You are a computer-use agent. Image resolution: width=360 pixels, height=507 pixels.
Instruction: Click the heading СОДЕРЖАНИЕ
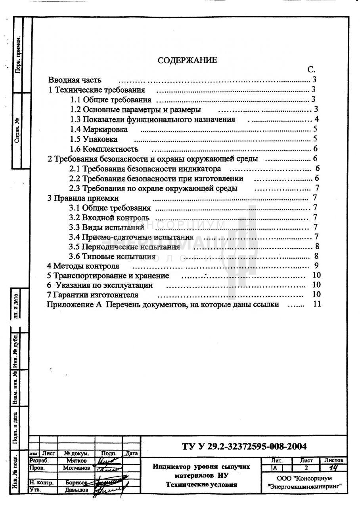coord(187,60)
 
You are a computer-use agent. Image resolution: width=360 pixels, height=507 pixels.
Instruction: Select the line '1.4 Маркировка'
coord(99,129)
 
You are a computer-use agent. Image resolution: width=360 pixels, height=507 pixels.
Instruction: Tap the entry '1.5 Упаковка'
coord(94,139)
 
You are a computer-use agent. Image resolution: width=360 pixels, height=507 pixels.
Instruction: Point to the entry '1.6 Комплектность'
coord(104,149)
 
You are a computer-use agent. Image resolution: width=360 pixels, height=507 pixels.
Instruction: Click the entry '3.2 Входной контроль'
coord(109,217)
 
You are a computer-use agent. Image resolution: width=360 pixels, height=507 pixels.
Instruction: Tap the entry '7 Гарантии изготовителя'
coord(92,295)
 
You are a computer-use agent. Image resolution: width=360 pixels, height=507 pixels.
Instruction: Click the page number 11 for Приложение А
coord(316,304)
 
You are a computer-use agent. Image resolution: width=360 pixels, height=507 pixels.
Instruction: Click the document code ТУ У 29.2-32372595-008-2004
coord(244,446)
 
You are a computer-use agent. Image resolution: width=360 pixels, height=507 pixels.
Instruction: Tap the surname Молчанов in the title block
coord(76,468)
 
